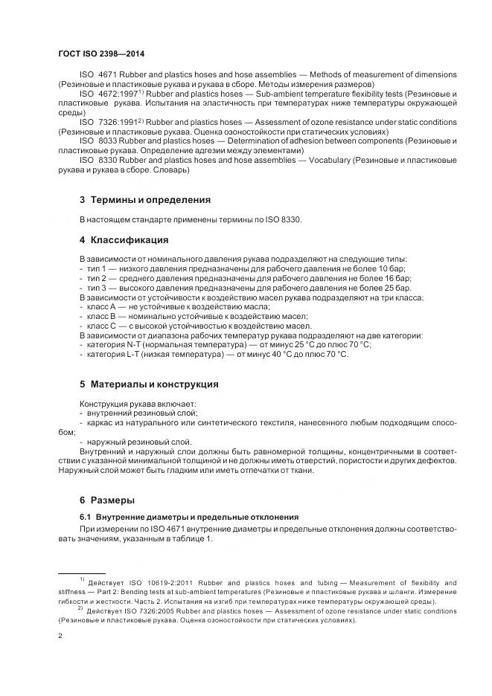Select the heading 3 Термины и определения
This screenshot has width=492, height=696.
tap(144, 199)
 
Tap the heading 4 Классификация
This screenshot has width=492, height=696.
tap(124, 239)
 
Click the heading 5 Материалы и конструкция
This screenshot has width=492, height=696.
tap(148, 384)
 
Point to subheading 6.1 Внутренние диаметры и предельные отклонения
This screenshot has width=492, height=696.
tap(189, 516)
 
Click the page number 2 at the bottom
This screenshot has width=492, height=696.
tap(60, 636)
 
